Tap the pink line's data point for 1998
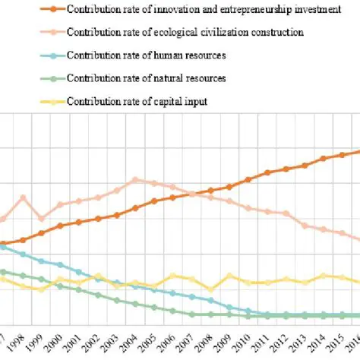pyautogui.click(x=23, y=197)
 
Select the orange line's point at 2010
pyautogui.click(x=248, y=180)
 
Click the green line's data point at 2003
pyautogui.click(x=116, y=300)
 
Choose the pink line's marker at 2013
pyautogui.click(x=305, y=226)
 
